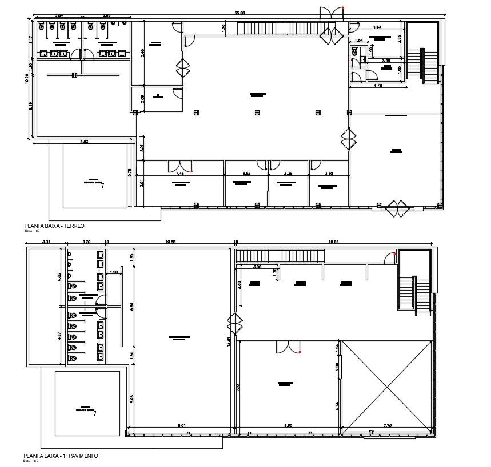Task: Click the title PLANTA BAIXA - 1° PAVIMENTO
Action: tap(61, 456)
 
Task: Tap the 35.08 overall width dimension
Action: tap(239, 12)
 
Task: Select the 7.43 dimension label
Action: tap(179, 173)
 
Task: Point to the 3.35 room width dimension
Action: tap(289, 173)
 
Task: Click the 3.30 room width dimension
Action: tap(329, 173)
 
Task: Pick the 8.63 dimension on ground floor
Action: tap(84, 141)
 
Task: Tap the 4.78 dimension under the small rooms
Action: tap(378, 86)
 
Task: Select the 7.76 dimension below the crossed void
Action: tap(387, 425)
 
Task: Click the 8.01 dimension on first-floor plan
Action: tap(181, 425)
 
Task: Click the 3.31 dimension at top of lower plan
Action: tap(47, 243)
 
